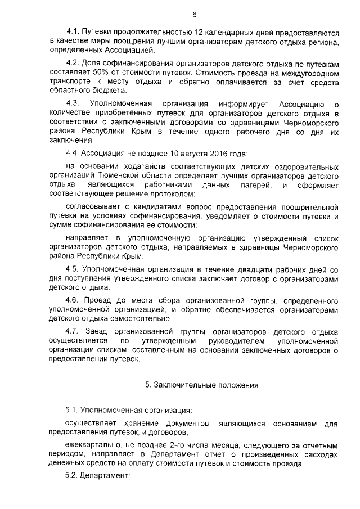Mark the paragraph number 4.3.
tap(74, 105)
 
